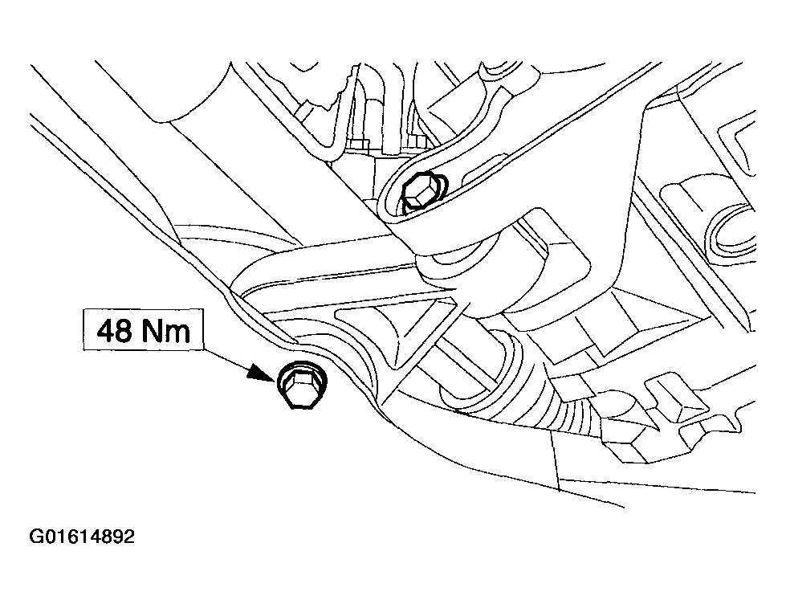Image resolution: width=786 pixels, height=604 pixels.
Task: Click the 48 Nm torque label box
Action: (144, 329)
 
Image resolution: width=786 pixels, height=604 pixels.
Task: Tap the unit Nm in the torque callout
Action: (166, 331)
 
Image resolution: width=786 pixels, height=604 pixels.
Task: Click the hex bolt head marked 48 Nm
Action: (299, 385)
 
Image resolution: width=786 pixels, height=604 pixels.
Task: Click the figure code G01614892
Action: (82, 537)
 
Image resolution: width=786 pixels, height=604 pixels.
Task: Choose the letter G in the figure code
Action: (37, 537)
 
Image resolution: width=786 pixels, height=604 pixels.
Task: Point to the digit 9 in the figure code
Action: (118, 537)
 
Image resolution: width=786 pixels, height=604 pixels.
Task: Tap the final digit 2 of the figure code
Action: (129, 537)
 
